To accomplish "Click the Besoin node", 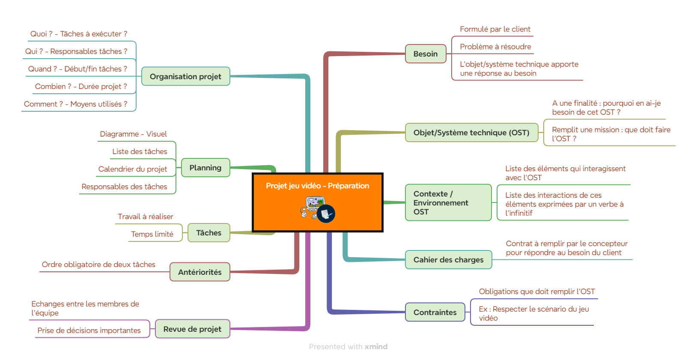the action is click(x=426, y=54).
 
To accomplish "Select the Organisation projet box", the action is click(x=186, y=76).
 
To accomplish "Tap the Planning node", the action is click(x=206, y=168).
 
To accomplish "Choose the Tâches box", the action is click(x=209, y=233).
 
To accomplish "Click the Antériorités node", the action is click(x=200, y=272).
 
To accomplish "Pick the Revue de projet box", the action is click(x=193, y=329).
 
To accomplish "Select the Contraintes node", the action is click(x=435, y=312).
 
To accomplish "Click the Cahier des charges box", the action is click(x=448, y=259).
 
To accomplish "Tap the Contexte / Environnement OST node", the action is click(x=448, y=202).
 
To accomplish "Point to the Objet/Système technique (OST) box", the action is click(x=471, y=133).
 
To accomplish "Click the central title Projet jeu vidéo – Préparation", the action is click(x=317, y=186).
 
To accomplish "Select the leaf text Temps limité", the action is click(x=152, y=234).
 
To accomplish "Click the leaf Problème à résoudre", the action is click(x=495, y=47).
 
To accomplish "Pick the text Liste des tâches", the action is click(x=140, y=152).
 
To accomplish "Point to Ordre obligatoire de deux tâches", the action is click(x=98, y=265).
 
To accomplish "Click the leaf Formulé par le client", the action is click(x=495, y=29).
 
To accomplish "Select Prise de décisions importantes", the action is click(x=89, y=330).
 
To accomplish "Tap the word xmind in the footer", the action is click(x=376, y=347).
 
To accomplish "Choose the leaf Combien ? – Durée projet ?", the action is click(x=81, y=86).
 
